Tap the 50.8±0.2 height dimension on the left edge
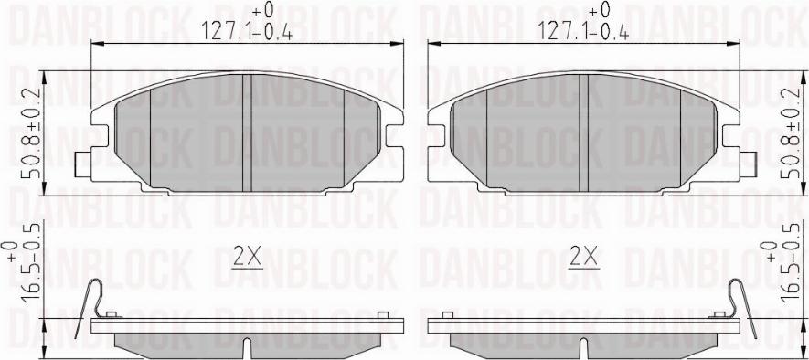click(x=30, y=135)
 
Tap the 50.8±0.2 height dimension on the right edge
click(x=782, y=135)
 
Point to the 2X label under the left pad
click(x=247, y=258)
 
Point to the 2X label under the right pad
click(x=583, y=258)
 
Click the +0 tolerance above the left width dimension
click(x=262, y=10)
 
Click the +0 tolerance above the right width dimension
click(x=599, y=10)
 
